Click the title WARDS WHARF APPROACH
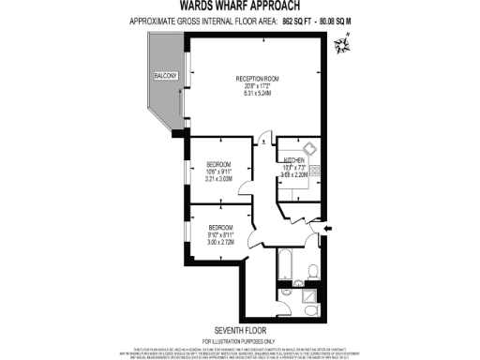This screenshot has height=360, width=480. [x=239, y=6]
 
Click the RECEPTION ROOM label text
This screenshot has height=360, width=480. [x=254, y=79]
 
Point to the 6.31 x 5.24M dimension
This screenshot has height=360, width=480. [x=254, y=94]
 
